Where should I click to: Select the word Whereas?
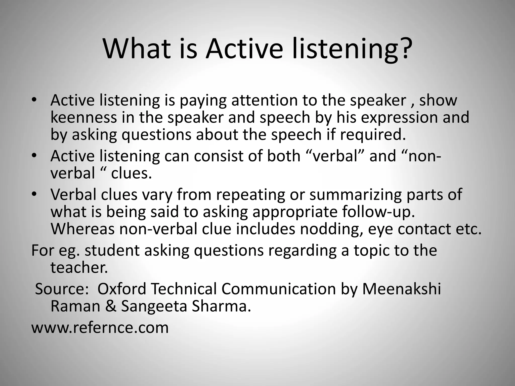tap(82, 229)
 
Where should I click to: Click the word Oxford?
tap(122, 289)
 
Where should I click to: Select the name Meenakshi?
tap(401, 289)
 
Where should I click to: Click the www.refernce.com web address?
tap(100, 328)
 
